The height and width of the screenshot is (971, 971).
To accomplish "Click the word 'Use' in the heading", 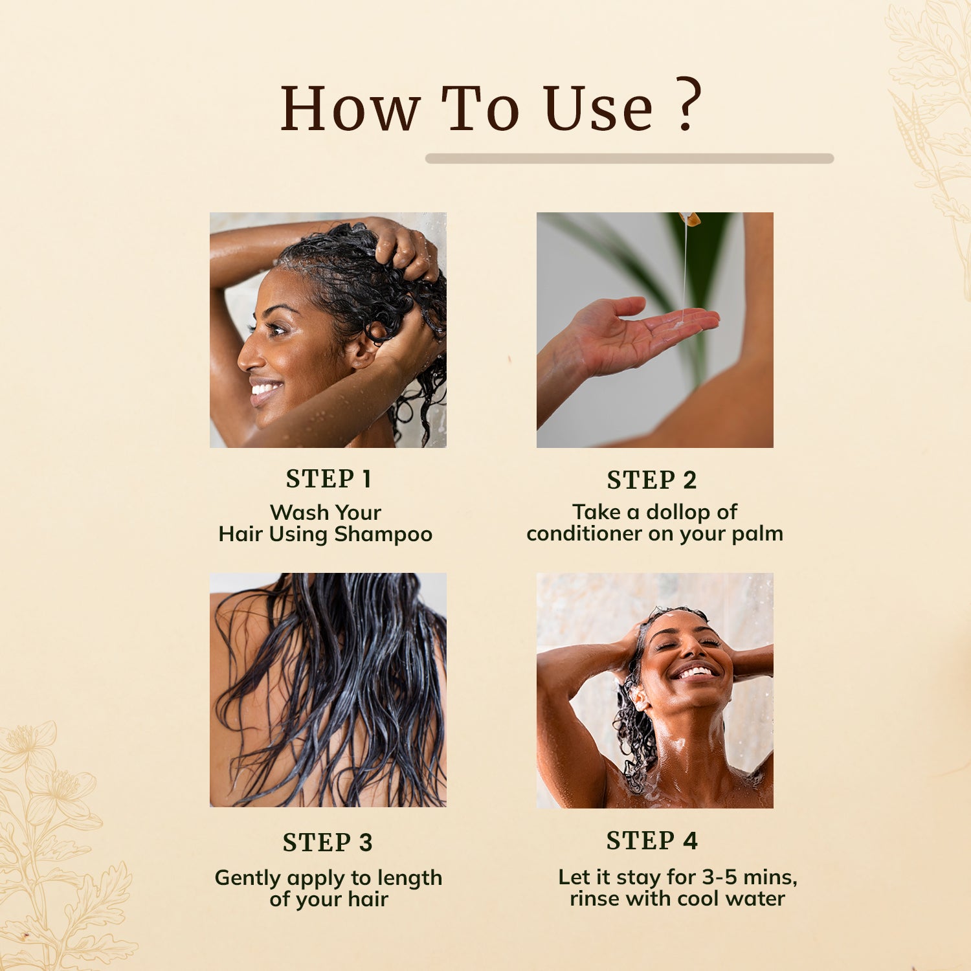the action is (599, 108).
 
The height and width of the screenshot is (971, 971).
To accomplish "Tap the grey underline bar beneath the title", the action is (629, 159).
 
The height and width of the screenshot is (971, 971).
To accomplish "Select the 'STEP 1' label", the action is (328, 479).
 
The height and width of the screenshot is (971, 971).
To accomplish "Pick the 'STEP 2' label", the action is (652, 480).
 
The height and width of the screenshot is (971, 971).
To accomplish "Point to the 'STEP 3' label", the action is (328, 843).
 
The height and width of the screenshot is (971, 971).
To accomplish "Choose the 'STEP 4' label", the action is (652, 841).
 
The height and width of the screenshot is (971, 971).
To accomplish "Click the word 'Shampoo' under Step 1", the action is (383, 535).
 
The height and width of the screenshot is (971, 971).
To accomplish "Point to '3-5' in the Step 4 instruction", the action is (720, 877).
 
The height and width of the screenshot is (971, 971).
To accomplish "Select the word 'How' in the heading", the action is (350, 108).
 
